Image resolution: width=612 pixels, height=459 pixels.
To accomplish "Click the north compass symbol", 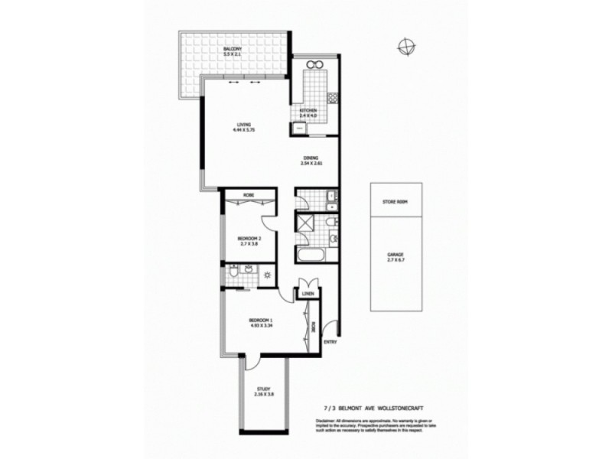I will [x=405, y=47].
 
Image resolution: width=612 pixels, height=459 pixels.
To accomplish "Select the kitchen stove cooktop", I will [x=332, y=98].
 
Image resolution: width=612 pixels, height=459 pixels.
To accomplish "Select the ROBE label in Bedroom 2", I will [x=248, y=194].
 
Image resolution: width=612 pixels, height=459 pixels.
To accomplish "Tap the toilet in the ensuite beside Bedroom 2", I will [x=232, y=272].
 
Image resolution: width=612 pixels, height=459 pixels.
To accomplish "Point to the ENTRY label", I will [x=330, y=343].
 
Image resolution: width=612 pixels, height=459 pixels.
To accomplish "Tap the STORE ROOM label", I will [x=396, y=202].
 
